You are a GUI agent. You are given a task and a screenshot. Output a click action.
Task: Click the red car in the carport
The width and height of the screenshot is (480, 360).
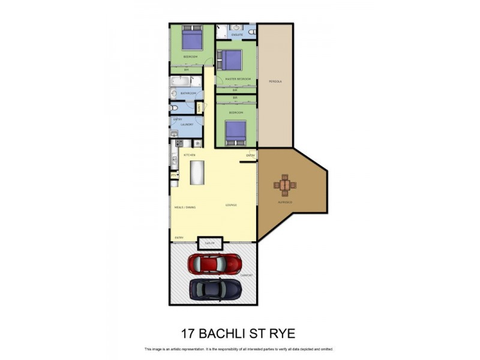click(x=215, y=263)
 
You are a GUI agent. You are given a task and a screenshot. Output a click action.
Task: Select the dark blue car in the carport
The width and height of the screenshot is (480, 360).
click(x=215, y=289)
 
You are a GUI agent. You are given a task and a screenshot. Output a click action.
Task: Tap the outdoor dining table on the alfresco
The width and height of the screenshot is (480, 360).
click(x=284, y=185)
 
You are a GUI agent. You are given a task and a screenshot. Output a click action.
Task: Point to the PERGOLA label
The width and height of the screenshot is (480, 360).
click(x=275, y=80)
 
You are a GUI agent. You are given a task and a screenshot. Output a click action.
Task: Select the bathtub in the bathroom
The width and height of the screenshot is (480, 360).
click(x=185, y=82)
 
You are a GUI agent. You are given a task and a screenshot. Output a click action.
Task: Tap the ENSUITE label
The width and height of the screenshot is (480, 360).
click(x=237, y=35)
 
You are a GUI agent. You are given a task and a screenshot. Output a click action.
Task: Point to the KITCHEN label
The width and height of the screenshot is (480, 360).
click(x=190, y=155)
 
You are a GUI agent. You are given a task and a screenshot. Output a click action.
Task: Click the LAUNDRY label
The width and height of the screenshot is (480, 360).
click(x=187, y=124)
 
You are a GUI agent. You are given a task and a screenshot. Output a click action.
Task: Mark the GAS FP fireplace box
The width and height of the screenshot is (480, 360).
click(x=210, y=243)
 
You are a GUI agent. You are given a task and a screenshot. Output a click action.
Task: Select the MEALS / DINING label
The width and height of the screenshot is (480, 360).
click(x=185, y=207)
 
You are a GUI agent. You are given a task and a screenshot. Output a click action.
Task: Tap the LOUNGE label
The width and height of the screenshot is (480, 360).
click(x=231, y=205)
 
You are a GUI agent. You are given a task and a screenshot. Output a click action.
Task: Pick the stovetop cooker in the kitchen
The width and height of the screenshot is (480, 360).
click(x=179, y=143)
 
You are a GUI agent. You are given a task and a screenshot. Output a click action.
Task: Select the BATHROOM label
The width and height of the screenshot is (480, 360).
click(x=189, y=94)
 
